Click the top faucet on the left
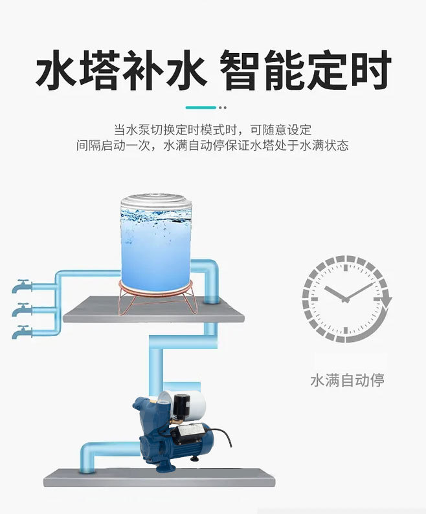pyautogui.click(x=22, y=286)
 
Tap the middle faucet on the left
pyautogui.click(x=22, y=310)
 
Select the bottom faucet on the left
pyautogui.click(x=22, y=332)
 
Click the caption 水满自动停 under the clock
pyautogui.click(x=347, y=380)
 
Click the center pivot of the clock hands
pyautogui.click(x=345, y=299)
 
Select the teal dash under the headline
pyautogui.click(x=201, y=107)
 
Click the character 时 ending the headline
pyautogui.click(x=372, y=70)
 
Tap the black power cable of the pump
pyautogui.click(x=221, y=436)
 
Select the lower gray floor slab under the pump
pyautogui.click(x=159, y=477)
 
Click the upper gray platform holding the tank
pyautogui.click(x=153, y=310)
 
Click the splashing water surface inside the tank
pyautogui.click(x=156, y=217)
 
